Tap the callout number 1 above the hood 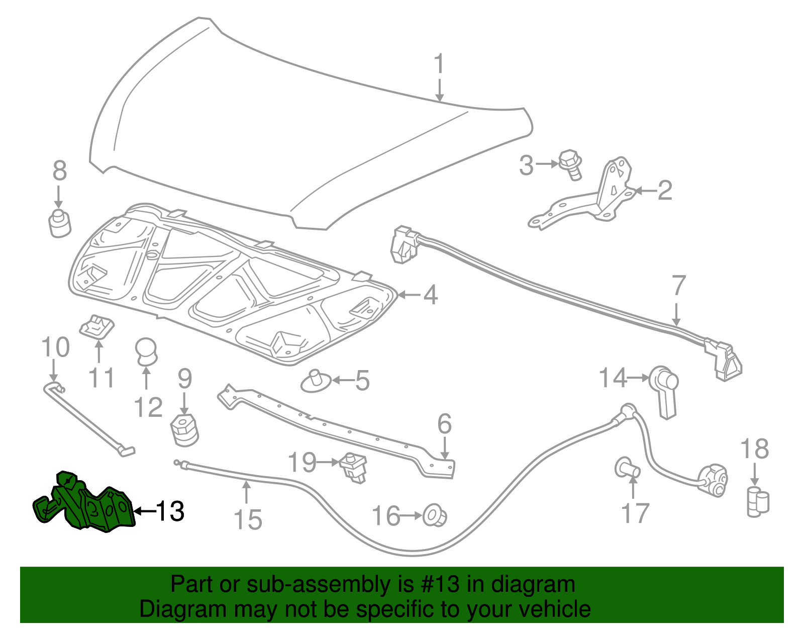pos(439,65)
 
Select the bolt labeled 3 pos(571,164)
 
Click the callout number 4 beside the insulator pos(430,295)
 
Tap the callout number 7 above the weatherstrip pos(678,286)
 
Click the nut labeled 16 pos(435,516)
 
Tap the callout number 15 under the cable pos(248,520)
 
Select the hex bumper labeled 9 pos(184,430)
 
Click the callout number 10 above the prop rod pos(55,348)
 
